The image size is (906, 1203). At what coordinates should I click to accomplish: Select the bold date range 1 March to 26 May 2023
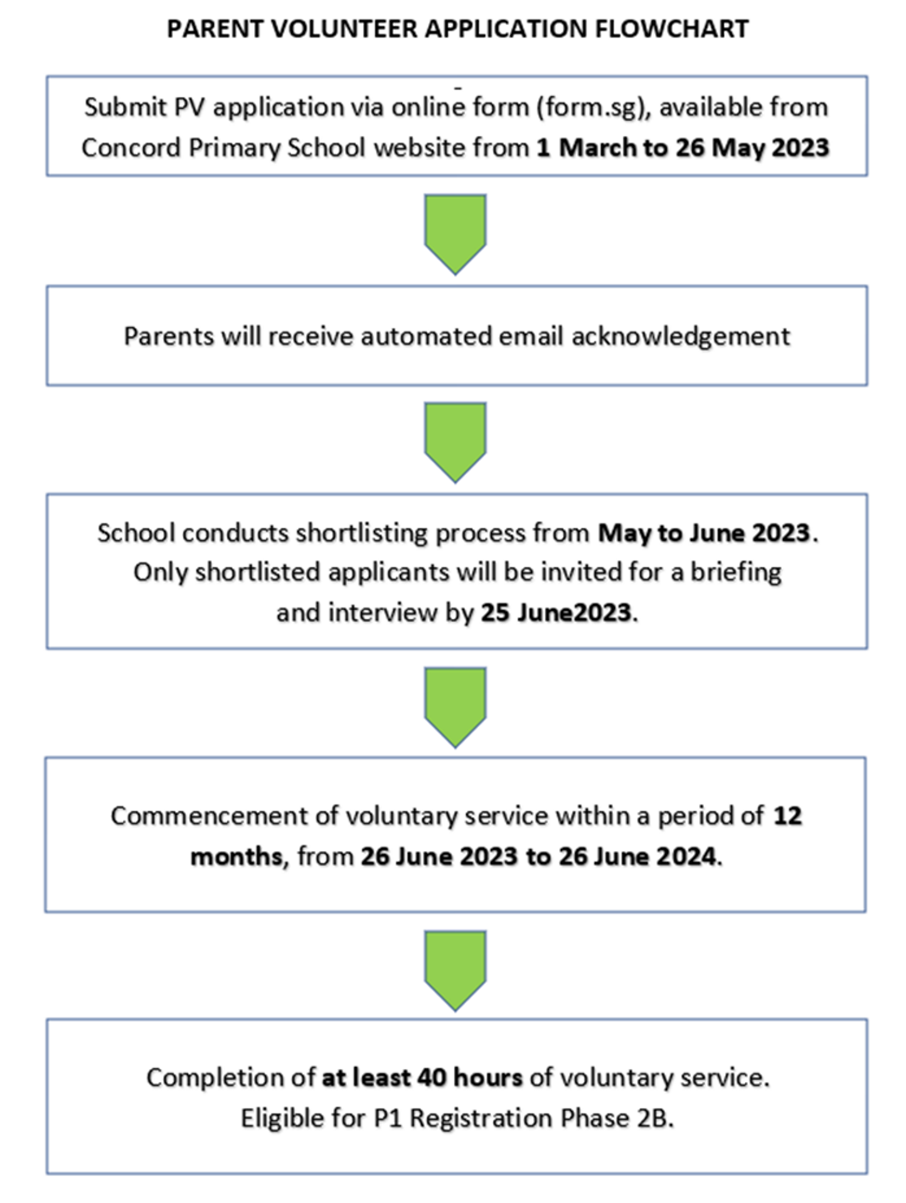683,148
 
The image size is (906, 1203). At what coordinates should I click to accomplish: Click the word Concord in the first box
131,148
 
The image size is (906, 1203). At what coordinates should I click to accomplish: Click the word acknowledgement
681,336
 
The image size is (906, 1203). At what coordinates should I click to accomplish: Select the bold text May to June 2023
704,533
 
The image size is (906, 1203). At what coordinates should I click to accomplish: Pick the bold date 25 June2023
556,612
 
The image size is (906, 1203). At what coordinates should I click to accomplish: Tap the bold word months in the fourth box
237,857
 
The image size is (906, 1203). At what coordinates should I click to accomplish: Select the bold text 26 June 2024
637,857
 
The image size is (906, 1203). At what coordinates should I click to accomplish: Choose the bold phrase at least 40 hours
422,1077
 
